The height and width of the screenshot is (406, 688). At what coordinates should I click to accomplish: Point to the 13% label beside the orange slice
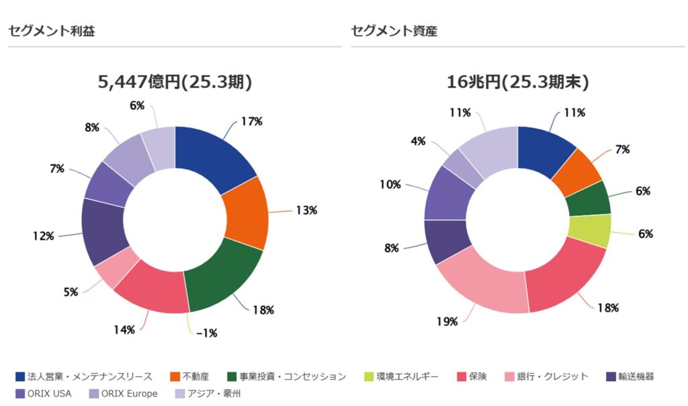[306, 210]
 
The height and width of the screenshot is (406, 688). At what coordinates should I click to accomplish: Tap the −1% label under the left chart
[207, 333]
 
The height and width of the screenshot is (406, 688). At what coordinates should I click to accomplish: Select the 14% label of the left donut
[124, 330]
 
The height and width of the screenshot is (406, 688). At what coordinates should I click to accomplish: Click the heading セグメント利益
[51, 31]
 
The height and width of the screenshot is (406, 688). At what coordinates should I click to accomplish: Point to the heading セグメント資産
[394, 31]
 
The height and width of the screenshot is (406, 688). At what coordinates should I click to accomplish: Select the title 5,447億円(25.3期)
[175, 83]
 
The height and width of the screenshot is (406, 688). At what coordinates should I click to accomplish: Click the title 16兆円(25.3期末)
[518, 83]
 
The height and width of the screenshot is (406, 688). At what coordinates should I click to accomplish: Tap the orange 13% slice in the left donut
[246, 212]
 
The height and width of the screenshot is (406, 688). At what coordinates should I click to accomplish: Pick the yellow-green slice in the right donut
[589, 230]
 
